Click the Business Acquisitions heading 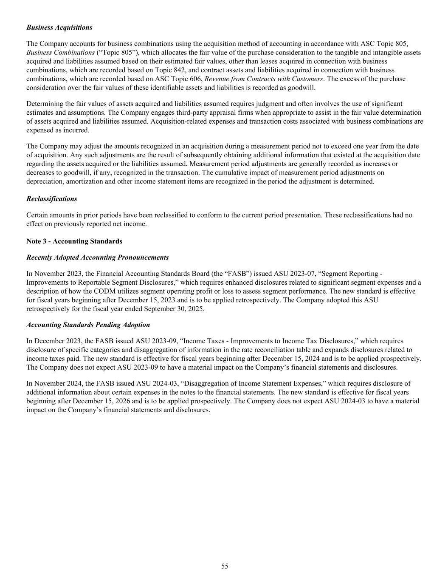pyautogui.click(x=59, y=28)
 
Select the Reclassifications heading pyautogui.click(x=51, y=199)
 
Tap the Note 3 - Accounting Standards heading pyautogui.click(x=74, y=241)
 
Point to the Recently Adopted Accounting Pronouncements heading pyautogui.click(x=97, y=257)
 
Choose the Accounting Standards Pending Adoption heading pyautogui.click(x=88, y=325)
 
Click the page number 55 pyautogui.click(x=225, y=566)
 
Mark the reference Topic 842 pyautogui.click(x=156, y=70)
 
